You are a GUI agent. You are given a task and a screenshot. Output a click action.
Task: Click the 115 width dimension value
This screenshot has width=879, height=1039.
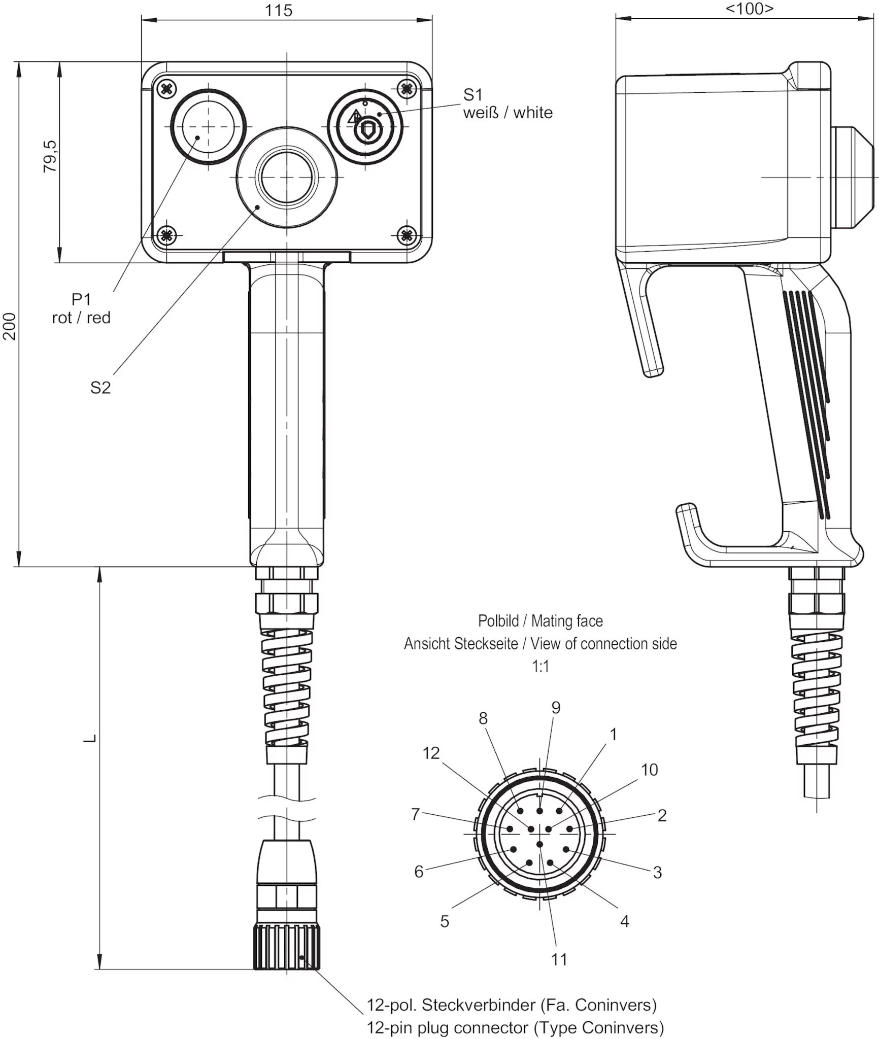[278, 11]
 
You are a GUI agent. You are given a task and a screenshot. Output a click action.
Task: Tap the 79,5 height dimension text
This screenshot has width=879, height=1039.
[50, 157]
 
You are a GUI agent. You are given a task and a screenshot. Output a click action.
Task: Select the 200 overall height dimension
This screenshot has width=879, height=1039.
[10, 326]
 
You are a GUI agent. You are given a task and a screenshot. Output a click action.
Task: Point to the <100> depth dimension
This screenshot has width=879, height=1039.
[749, 9]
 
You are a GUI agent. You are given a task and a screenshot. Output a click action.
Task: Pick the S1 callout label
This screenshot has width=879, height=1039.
[472, 94]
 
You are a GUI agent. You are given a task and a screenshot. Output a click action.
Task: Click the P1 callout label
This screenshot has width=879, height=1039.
[81, 299]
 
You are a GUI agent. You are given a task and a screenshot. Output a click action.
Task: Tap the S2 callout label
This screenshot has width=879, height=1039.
[100, 388]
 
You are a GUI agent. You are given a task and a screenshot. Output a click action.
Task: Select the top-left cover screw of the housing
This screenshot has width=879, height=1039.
[166, 89]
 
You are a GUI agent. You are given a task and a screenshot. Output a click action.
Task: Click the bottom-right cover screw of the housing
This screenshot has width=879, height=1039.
[406, 235]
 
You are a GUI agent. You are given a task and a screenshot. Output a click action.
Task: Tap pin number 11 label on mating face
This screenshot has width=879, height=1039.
[559, 959]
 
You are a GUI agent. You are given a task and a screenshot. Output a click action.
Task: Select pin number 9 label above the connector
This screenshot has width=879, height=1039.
[556, 708]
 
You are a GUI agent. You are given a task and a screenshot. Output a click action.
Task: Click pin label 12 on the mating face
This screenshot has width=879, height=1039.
[431, 753]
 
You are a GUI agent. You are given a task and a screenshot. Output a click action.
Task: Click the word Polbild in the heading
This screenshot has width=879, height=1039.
[498, 621]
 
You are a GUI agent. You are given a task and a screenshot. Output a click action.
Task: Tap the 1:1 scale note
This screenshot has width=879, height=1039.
[540, 666]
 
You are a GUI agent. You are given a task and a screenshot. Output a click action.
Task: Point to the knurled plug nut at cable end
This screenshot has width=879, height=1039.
[287, 947]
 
